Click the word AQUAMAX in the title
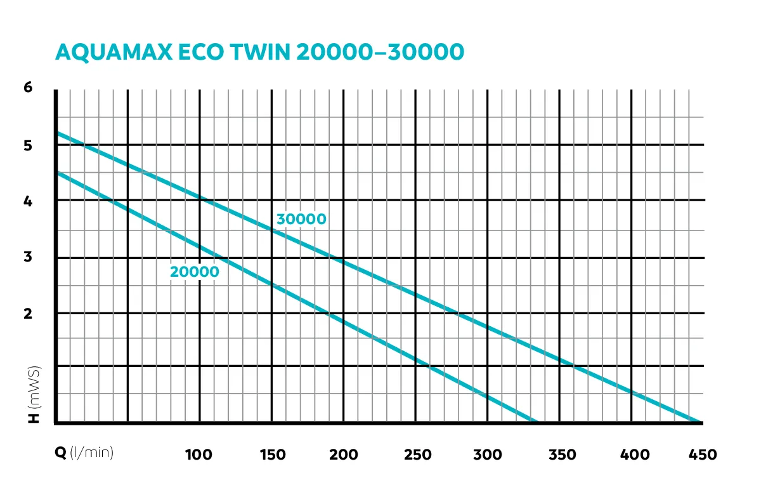pos(114,52)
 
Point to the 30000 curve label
pos(301,220)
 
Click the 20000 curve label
pos(194,272)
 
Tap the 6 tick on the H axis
pos(28,88)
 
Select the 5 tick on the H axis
pos(28,145)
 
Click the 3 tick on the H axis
pos(28,258)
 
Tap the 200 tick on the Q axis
pos(344,455)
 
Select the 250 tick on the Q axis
pos(416,455)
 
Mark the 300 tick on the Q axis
pos(488,455)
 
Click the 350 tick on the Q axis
pos(560,455)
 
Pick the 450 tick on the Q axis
pos(703,455)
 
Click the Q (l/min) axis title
pos(87,453)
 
